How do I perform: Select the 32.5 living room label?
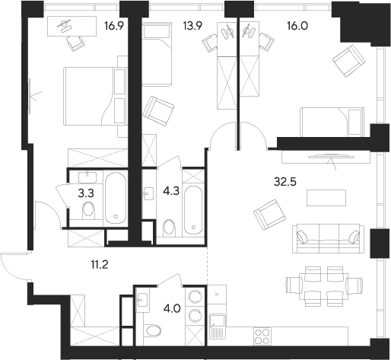tap(285, 183)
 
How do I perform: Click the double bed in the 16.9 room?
tap(94, 94)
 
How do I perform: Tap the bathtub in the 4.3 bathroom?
tap(193, 202)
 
